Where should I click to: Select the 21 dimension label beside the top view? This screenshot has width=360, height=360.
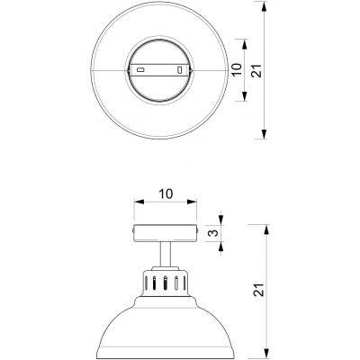(x=256, y=70)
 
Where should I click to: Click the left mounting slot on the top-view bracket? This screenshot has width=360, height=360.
(x=140, y=69)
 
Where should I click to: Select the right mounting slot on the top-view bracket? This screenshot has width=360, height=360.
(x=180, y=69)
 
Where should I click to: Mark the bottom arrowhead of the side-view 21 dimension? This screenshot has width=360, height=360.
(x=265, y=354)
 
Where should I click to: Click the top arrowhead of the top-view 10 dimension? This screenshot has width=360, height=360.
(x=240, y=41)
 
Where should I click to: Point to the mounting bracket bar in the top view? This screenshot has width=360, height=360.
(x=160, y=69)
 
